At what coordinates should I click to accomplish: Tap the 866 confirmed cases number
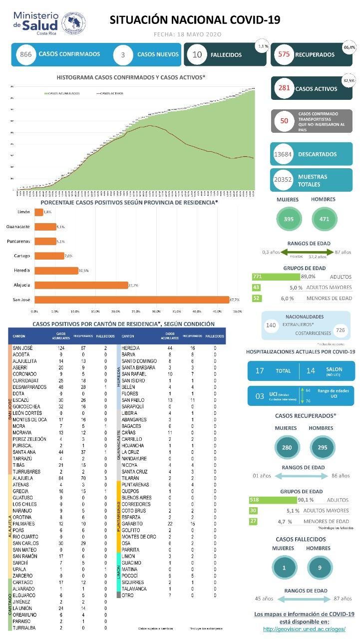26,54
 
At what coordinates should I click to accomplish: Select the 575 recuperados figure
284,54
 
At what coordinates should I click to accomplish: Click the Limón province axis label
23,212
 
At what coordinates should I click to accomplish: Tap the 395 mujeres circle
289,219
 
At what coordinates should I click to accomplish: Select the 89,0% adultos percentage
308,277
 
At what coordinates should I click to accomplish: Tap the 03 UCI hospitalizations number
260,396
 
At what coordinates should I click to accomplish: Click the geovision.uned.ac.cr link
304,629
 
